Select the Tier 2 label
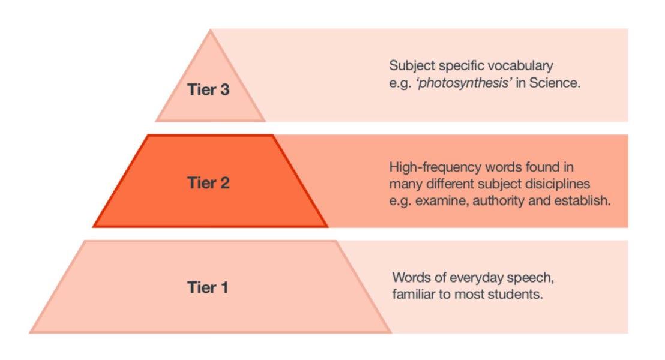pyautogui.click(x=208, y=183)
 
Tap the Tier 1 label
pyautogui.click(x=207, y=287)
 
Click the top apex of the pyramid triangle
pyautogui.click(x=210, y=30)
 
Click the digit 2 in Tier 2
pyautogui.click(x=224, y=183)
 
